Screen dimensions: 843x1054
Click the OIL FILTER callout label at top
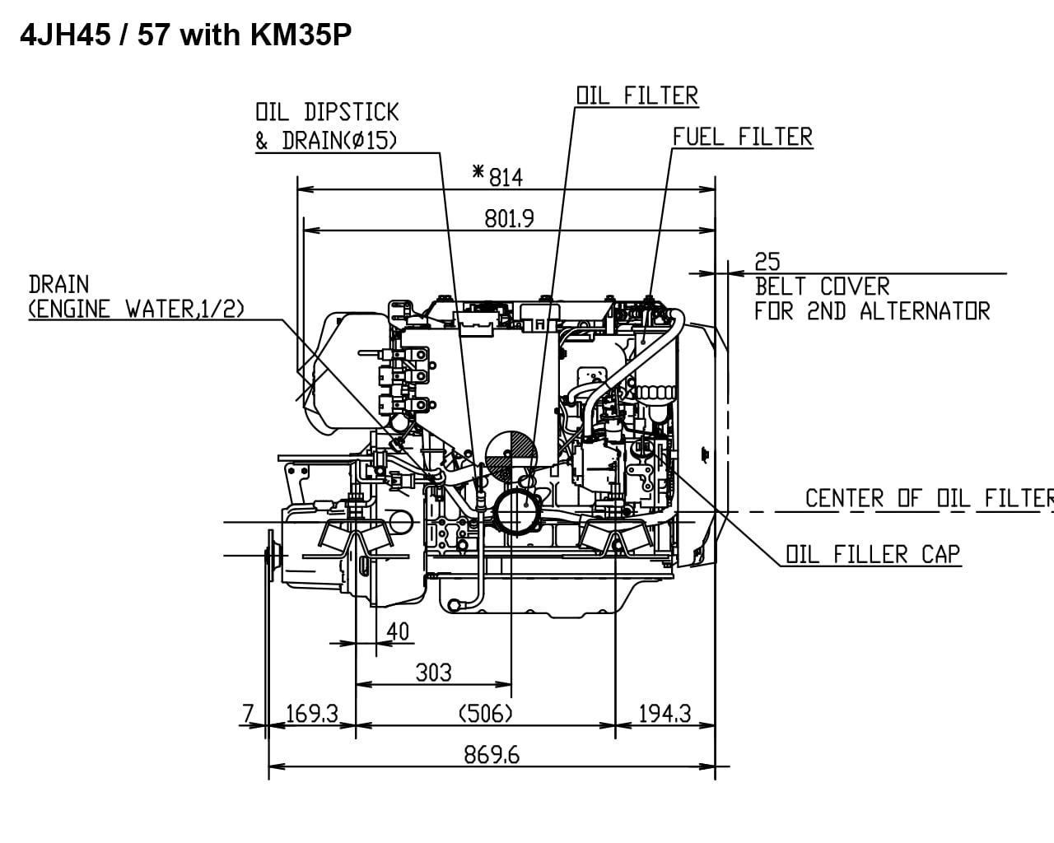point(637,95)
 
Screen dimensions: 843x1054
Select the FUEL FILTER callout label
point(742,137)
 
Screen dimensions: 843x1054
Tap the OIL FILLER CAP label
point(873,554)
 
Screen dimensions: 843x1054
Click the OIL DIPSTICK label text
point(327,112)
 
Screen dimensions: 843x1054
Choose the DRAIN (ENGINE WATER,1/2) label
point(136,297)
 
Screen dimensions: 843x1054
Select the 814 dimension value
point(506,177)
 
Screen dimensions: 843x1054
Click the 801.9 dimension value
point(509,218)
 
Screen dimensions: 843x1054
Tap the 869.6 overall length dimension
point(492,755)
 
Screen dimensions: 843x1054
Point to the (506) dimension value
point(485,713)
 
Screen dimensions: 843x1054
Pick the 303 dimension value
point(433,673)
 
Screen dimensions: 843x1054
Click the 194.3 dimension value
point(665,713)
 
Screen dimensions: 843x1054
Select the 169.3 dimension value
point(312,713)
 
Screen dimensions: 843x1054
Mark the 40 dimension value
point(398,631)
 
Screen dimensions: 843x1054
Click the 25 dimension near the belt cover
point(767,262)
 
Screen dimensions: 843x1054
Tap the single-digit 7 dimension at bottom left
point(249,713)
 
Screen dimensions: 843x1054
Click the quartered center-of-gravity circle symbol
point(511,454)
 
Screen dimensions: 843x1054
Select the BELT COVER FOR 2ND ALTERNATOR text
point(871,299)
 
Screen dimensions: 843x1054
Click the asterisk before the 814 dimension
point(478,172)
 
